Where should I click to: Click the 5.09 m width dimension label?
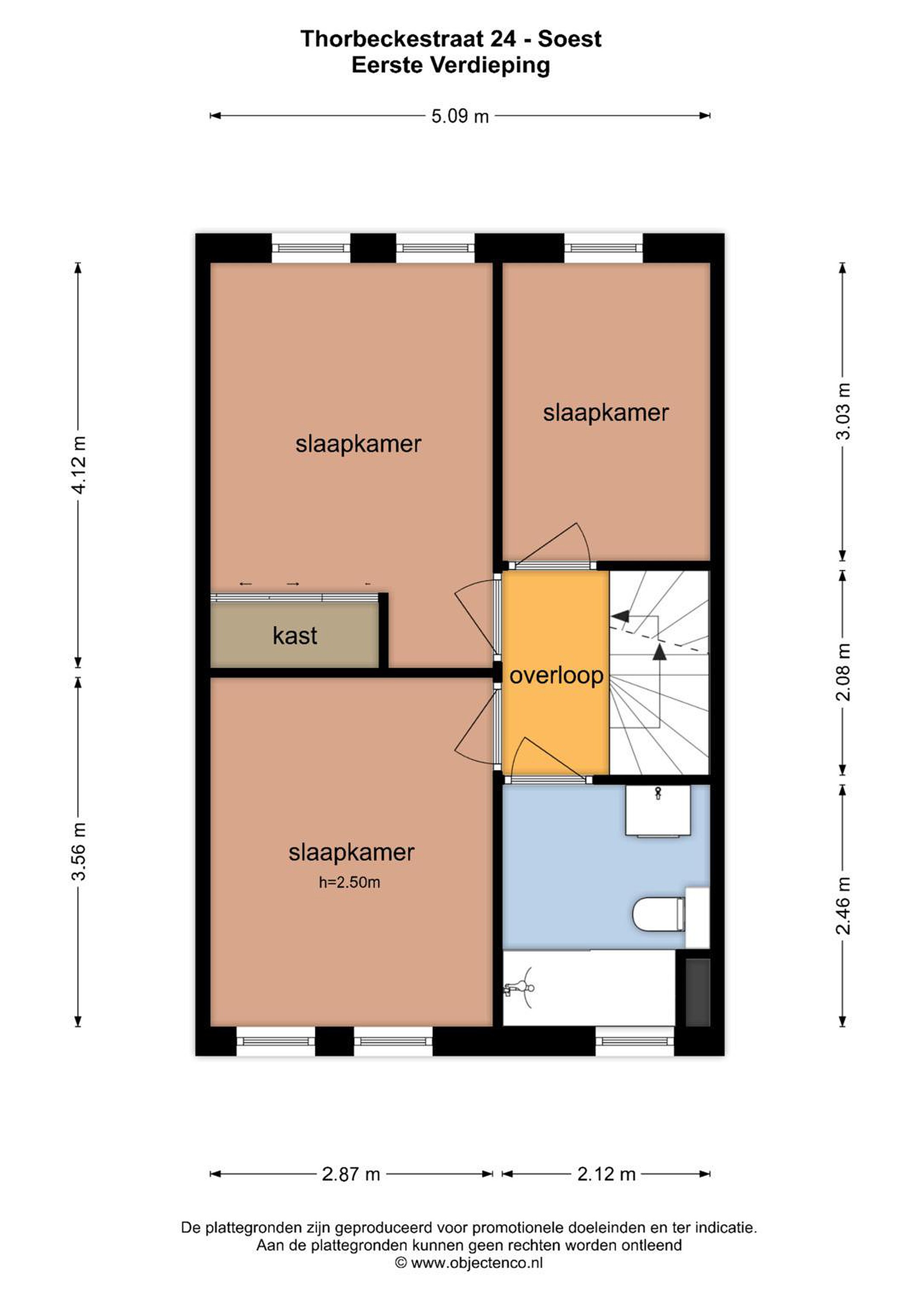tap(460, 116)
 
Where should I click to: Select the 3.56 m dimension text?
tap(79, 851)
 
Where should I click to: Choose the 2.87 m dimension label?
tap(351, 1174)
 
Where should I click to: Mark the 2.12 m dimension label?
tap(606, 1174)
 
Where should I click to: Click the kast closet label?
tap(295, 636)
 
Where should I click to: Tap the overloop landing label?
tap(556, 676)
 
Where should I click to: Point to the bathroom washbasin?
tap(658, 811)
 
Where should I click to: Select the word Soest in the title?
tap(570, 39)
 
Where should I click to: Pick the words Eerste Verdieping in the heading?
tap(451, 66)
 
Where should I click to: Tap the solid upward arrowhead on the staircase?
tap(659, 653)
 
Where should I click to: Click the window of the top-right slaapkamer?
tap(604, 248)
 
